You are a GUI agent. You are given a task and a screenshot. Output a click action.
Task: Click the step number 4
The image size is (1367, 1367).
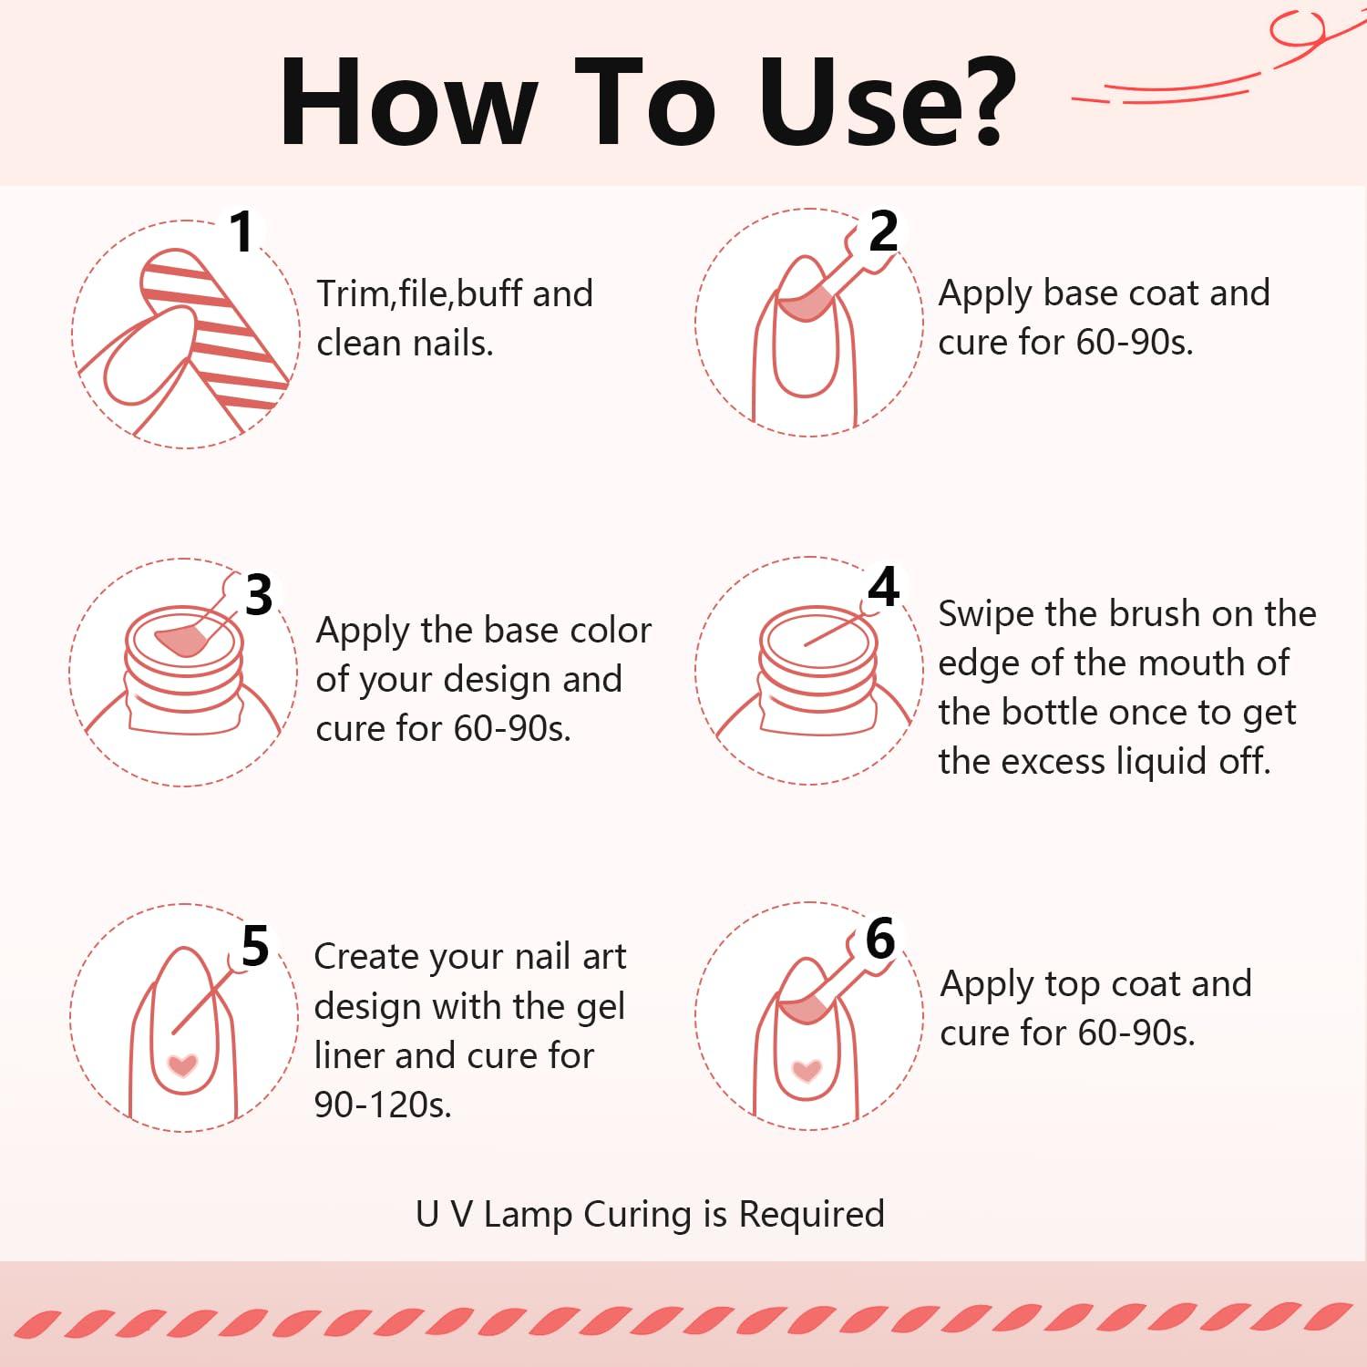tap(883, 588)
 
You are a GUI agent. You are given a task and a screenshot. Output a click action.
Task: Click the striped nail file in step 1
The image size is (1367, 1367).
tap(215, 319)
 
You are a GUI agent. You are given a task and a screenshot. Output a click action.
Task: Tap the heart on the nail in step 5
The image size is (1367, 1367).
tap(184, 1064)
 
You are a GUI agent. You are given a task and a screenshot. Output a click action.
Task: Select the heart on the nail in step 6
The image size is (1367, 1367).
tap(807, 1070)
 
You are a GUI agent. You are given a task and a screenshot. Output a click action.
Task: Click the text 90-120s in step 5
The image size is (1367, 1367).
tap(383, 1105)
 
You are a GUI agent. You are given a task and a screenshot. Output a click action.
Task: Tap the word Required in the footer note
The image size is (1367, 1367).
tap(811, 1215)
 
